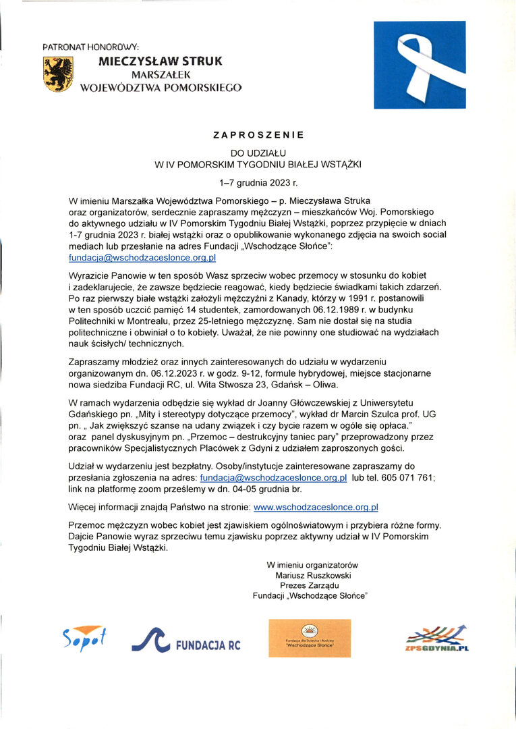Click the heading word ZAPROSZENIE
[x=258, y=135]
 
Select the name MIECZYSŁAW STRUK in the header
[x=160, y=61]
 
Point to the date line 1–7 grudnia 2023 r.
[x=258, y=182]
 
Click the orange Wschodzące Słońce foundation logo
[x=310, y=638]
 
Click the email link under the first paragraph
[x=142, y=258]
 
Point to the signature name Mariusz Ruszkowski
[x=313, y=575]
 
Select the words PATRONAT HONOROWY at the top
[x=90, y=47]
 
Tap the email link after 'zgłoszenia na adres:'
[x=274, y=478]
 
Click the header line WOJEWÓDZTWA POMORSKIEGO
[x=161, y=87]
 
